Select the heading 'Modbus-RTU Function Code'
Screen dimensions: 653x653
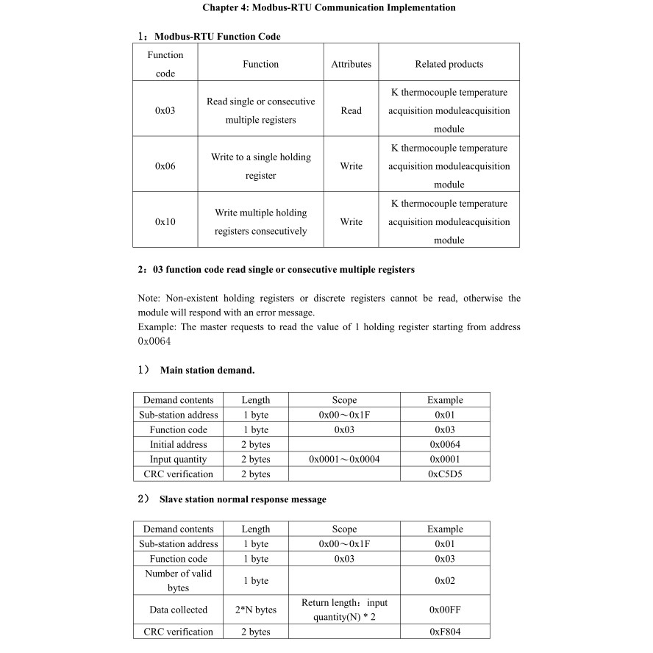[217, 36]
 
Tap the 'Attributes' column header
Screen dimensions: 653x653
[351, 64]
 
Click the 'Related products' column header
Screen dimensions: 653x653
[449, 64]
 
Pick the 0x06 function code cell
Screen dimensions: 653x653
[165, 166]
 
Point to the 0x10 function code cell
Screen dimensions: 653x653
[165, 221]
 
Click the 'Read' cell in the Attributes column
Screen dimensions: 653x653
[351, 111]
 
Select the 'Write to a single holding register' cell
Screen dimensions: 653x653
[260, 166]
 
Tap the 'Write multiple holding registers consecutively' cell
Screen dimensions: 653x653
[260, 221]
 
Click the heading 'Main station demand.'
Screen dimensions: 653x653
[207, 370]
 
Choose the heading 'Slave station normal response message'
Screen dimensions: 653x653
[243, 499]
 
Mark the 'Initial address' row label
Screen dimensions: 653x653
[178, 444]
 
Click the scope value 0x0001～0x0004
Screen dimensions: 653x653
[344, 459]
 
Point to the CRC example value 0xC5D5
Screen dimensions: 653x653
[445, 474]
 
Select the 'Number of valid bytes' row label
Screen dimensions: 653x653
[178, 580]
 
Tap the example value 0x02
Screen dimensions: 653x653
[445, 580]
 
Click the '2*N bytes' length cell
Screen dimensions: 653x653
[255, 610]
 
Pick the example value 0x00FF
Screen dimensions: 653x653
[445, 610]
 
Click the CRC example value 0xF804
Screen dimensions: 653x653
[445, 632]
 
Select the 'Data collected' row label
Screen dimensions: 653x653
[178, 610]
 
